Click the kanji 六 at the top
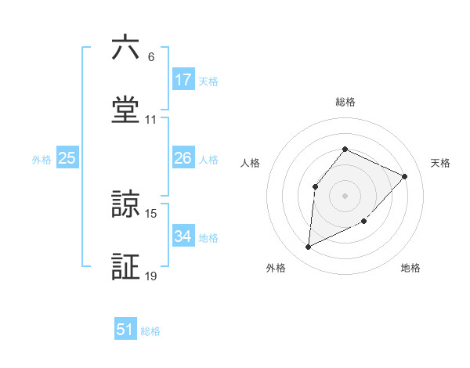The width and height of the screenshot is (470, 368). click(x=125, y=49)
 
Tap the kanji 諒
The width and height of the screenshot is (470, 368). click(x=125, y=204)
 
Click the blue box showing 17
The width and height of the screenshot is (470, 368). click(x=183, y=80)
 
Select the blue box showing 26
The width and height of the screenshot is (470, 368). click(x=183, y=158)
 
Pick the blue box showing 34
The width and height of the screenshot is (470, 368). click(x=183, y=236)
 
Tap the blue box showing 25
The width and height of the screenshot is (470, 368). click(x=67, y=158)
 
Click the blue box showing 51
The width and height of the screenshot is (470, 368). click(x=125, y=330)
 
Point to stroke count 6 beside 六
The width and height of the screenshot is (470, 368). click(x=151, y=57)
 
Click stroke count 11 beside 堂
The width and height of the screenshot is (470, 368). click(x=151, y=120)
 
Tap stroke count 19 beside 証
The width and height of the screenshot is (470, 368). click(x=151, y=276)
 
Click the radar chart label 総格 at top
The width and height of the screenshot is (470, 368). click(x=345, y=102)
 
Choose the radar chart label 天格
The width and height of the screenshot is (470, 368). click(x=441, y=163)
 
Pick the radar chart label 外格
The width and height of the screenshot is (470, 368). click(x=275, y=268)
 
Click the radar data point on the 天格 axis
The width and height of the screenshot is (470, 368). click(x=405, y=176)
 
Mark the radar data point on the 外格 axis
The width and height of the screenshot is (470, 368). click(x=308, y=247)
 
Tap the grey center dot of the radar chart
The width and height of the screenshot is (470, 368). click(x=345, y=195)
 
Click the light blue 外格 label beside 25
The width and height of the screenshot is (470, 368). click(x=42, y=159)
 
